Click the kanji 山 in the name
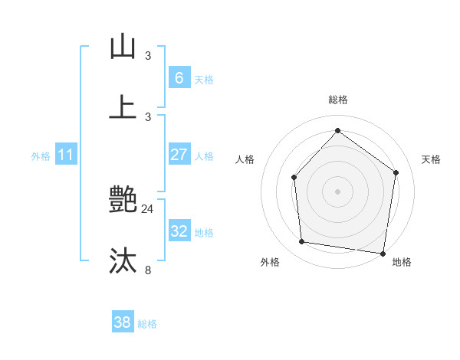(123, 47)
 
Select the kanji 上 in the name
(123, 108)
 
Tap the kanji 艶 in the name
(123, 201)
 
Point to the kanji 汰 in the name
(123, 261)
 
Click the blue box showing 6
(179, 78)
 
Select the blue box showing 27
(179, 155)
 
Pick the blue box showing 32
(179, 231)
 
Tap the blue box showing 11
(65, 155)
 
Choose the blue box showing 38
(123, 322)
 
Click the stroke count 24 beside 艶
(148, 208)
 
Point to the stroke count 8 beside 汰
(148, 270)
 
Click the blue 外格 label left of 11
(41, 155)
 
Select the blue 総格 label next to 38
(147, 324)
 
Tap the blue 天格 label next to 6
(204, 80)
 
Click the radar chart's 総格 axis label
(337, 100)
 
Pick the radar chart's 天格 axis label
(431, 159)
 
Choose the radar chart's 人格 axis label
(245, 159)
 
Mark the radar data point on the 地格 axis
(383, 253)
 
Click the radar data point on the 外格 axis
(302, 242)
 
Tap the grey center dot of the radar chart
(337, 191)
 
